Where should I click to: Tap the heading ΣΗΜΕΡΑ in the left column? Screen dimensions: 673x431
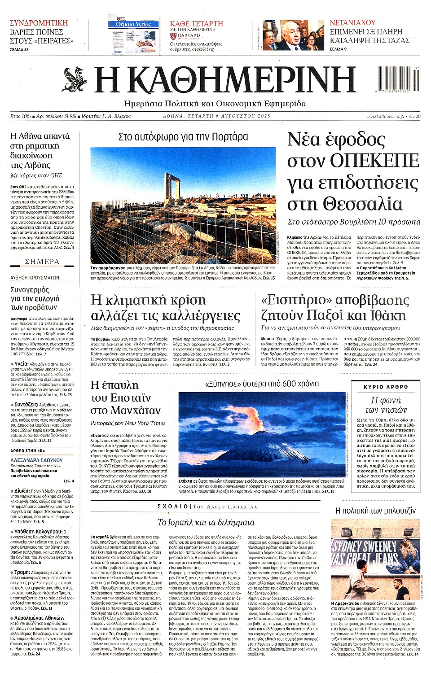pos(42,262)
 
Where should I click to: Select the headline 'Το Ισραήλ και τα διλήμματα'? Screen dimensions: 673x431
pos(206,522)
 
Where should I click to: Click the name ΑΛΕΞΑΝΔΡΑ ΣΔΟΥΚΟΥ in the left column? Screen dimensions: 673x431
pos(36,460)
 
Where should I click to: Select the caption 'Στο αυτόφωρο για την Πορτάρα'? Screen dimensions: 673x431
pos(183,137)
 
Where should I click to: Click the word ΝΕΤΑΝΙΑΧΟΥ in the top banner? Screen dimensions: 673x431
pos(352,22)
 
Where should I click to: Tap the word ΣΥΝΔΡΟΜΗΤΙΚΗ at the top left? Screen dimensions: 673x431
pos(39,23)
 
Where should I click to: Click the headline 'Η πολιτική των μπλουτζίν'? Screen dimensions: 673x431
pos(376,511)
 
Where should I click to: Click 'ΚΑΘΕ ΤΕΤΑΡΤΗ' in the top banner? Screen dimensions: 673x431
pos(196,23)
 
